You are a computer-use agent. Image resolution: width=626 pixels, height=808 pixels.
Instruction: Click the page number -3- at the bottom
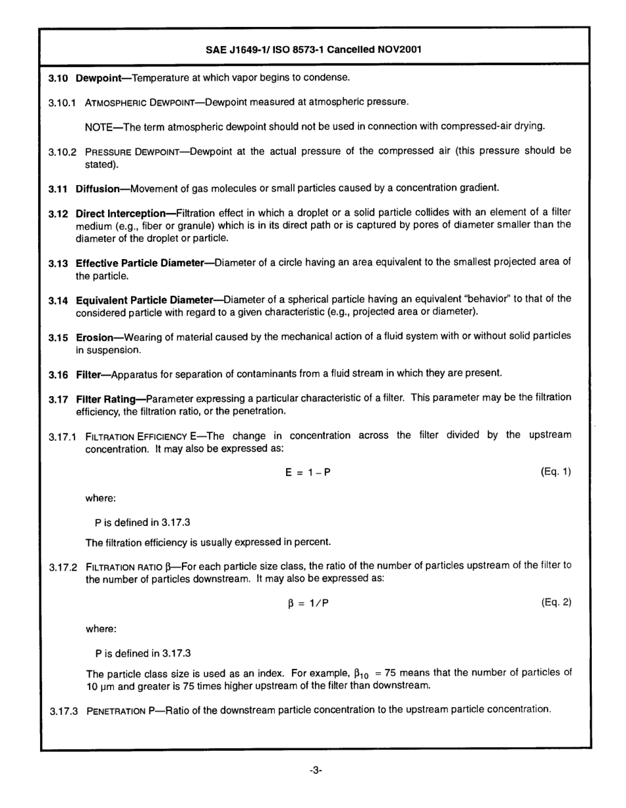point(314,770)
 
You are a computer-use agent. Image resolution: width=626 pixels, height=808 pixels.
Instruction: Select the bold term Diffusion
point(98,188)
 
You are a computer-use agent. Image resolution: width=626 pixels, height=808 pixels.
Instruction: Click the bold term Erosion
point(95,337)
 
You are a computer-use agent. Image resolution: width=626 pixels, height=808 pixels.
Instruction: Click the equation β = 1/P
point(302,602)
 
